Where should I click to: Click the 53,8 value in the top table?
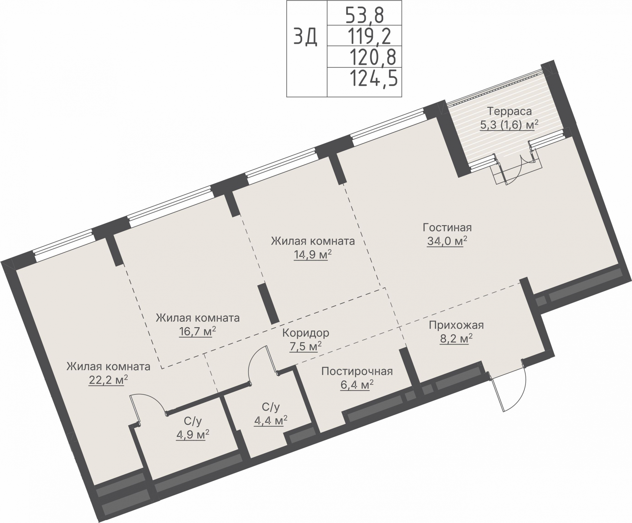(364, 15)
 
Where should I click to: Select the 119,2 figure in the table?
(369, 36)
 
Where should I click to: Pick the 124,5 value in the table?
(373, 78)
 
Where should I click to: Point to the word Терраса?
(509, 111)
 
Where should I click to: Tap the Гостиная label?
(447, 227)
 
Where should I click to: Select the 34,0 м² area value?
(447, 241)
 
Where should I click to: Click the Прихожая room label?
(456, 325)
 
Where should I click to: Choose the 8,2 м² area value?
(456, 339)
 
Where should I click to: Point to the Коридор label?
(305, 333)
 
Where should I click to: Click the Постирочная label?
(357, 371)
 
